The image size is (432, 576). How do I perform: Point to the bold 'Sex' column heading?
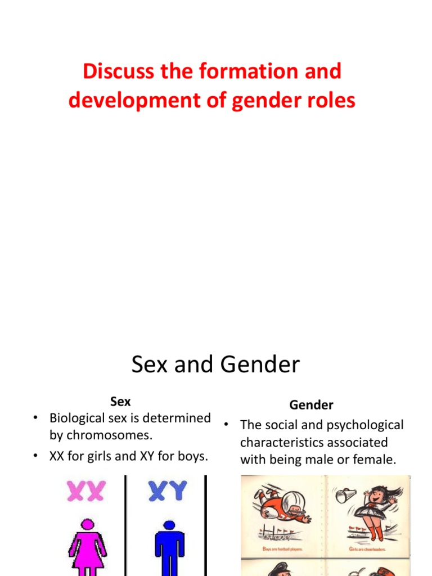(120, 402)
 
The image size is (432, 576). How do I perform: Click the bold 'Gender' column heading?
(311, 404)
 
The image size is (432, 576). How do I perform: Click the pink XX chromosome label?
(85, 491)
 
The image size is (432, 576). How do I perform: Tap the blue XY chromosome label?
(168, 491)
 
